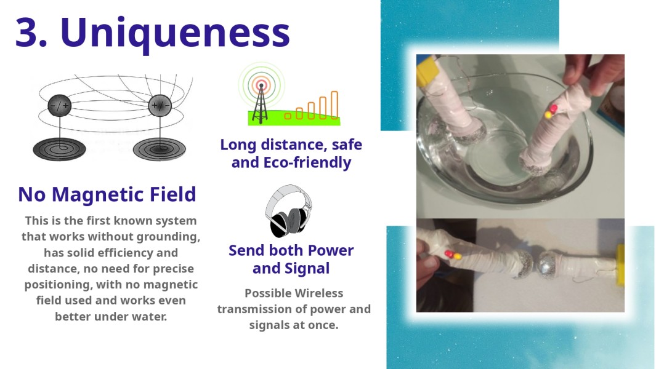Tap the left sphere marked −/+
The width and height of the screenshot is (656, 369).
click(x=60, y=106)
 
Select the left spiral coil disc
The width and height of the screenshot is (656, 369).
click(x=59, y=148)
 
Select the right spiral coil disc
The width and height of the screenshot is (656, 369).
click(x=160, y=148)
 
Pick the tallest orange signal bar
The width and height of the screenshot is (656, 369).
click(x=334, y=105)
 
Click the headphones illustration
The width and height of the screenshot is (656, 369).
click(x=288, y=211)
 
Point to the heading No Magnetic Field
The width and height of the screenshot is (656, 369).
click(x=107, y=194)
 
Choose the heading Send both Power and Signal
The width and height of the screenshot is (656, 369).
click(x=291, y=259)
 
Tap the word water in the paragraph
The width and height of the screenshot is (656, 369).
click(x=149, y=317)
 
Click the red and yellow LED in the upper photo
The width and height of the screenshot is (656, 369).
click(x=551, y=111)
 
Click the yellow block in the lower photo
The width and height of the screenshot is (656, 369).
click(x=620, y=265)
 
